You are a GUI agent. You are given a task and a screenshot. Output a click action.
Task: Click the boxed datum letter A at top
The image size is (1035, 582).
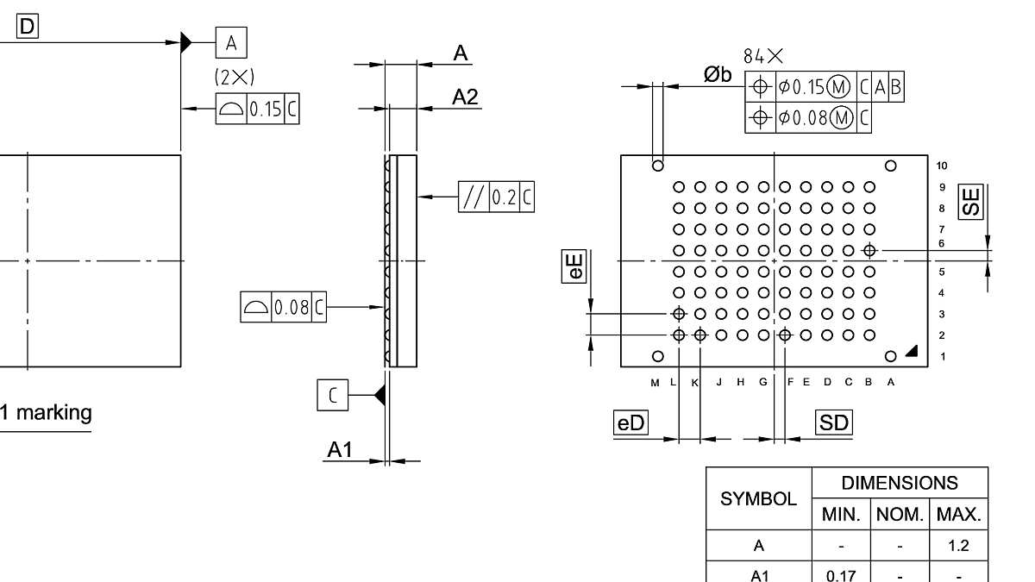231,41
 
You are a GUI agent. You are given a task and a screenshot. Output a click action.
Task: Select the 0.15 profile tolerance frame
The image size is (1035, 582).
258,110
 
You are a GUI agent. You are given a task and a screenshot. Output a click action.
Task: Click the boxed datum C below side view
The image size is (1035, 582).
333,396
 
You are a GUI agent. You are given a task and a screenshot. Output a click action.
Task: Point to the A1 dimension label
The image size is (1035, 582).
340,450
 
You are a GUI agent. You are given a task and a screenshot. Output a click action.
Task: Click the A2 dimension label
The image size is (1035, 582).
465,97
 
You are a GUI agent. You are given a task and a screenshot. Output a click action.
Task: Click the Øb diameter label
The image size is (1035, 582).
717,75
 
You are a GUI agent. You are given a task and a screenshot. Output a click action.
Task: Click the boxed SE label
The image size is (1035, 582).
972,201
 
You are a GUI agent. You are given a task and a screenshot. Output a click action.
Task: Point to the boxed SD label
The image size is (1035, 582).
833,422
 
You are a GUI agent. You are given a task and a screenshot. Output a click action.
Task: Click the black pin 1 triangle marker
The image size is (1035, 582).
912,352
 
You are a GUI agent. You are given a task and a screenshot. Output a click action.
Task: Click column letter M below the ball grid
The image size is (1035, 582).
655,382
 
